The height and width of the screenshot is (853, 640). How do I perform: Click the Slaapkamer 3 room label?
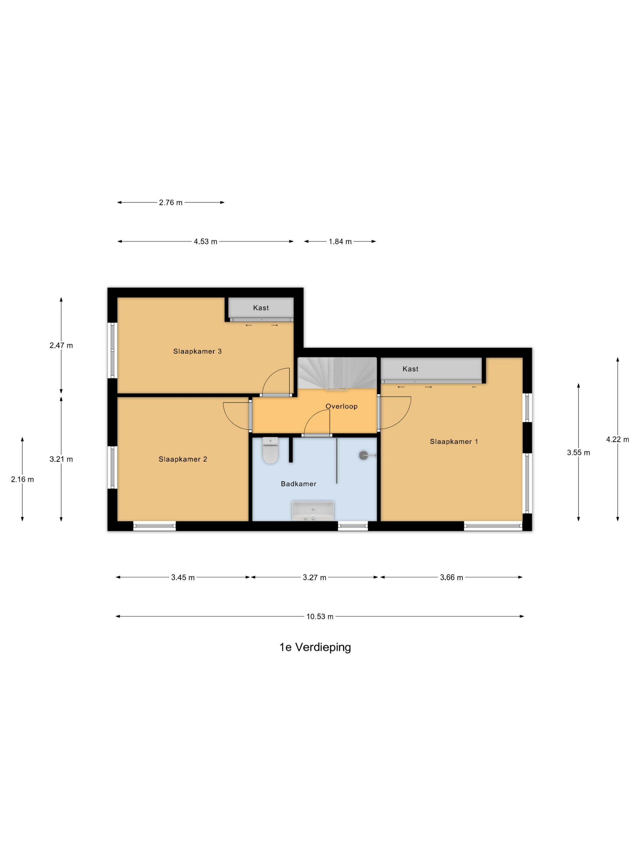pyautogui.click(x=197, y=351)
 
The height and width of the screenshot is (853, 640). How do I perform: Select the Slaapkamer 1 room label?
pyautogui.click(x=454, y=441)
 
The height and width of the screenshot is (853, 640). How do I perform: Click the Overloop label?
pyautogui.click(x=341, y=406)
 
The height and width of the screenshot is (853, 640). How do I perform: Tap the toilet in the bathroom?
pyautogui.click(x=270, y=450)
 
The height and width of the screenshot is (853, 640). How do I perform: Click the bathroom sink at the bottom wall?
pyautogui.click(x=313, y=511)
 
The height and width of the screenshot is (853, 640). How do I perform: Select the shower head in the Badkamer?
pyautogui.click(x=367, y=455)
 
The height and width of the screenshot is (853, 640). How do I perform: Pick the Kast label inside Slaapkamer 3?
pyautogui.click(x=261, y=308)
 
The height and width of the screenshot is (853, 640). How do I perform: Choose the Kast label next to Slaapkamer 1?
pyautogui.click(x=410, y=369)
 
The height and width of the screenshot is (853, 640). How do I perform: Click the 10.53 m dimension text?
pyautogui.click(x=320, y=617)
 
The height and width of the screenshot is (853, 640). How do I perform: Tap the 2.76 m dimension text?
pyautogui.click(x=170, y=203)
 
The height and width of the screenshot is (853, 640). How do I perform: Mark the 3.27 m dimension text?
pyautogui.click(x=315, y=578)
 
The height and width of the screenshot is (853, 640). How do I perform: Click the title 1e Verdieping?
pyautogui.click(x=315, y=647)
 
